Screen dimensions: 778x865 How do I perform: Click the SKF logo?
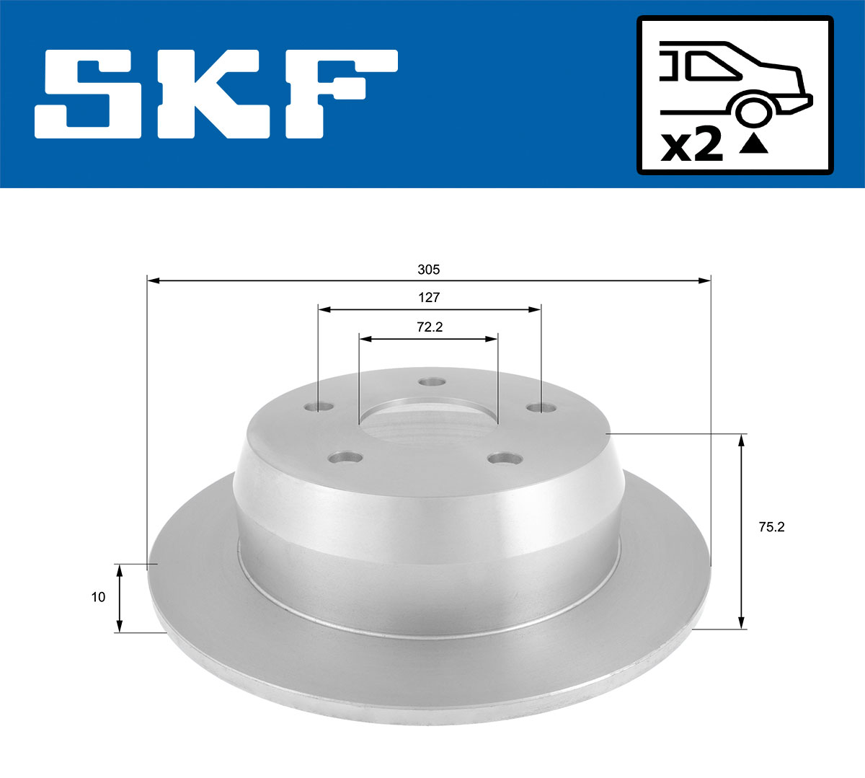point(216,94)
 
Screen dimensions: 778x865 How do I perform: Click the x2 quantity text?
point(692,147)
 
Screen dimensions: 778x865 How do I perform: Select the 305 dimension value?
point(428,270)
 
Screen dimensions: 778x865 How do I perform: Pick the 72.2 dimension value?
point(429,327)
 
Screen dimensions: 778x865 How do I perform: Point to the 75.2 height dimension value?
point(771,527)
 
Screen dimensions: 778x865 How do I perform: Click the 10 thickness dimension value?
point(98,597)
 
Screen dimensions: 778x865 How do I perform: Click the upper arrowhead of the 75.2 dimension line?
point(741,440)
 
